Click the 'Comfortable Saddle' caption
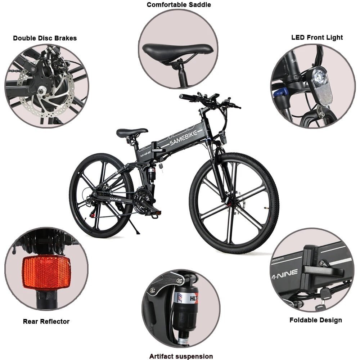point(179,5)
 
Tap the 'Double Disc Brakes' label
point(45,38)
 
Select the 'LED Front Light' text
point(317,37)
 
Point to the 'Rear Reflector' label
point(46,321)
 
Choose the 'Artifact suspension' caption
point(181,356)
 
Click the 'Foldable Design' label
point(315,320)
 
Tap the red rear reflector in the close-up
point(46,272)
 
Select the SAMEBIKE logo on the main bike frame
point(183,138)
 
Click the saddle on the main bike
point(132,132)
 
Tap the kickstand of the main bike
point(134,226)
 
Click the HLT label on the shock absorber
point(193,298)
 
